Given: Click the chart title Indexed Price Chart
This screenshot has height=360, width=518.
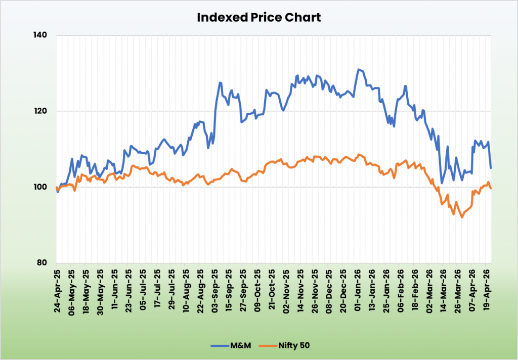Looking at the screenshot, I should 258,17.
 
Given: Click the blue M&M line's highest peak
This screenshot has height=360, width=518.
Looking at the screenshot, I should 359,69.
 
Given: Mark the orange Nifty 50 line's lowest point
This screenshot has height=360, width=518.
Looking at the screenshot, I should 461,217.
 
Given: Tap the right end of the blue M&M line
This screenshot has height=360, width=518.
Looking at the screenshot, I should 491,168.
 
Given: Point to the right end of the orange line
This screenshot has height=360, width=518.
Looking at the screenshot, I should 491,188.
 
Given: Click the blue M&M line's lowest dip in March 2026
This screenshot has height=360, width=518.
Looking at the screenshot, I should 442,183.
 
